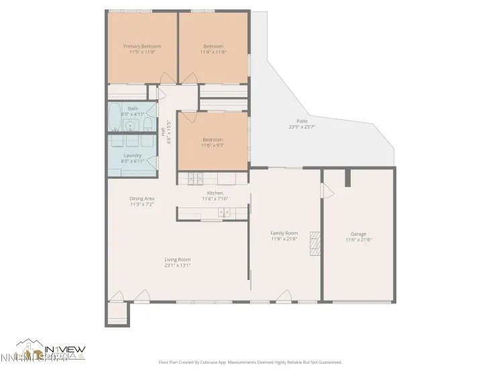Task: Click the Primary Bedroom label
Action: pyautogui.click(x=142, y=46)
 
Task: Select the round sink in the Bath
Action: pyautogui.click(x=131, y=125)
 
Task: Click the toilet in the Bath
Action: pyautogui.click(x=116, y=127)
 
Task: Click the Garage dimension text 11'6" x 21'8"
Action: pyautogui.click(x=359, y=239)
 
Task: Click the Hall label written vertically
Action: pyautogui.click(x=163, y=133)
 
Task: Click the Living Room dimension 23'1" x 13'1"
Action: pyautogui.click(x=178, y=265)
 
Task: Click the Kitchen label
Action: pyautogui.click(x=215, y=193)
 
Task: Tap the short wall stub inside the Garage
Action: pyautogui.click(x=347, y=177)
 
